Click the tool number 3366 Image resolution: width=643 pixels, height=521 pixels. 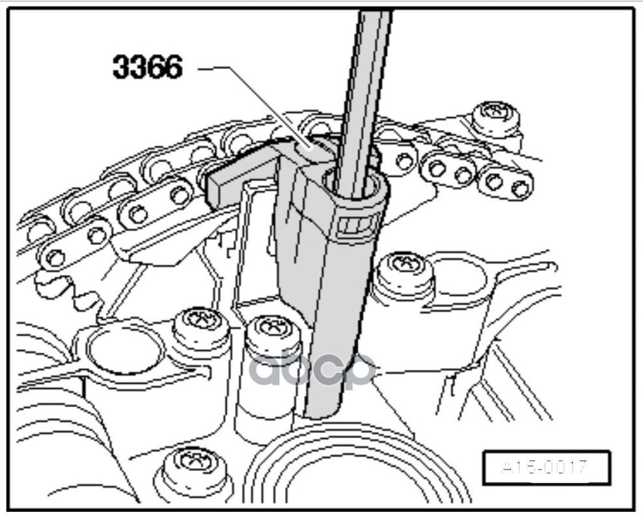(x=147, y=66)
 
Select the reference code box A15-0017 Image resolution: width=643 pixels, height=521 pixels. (x=545, y=468)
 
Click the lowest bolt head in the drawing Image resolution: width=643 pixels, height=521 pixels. (x=193, y=464)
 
